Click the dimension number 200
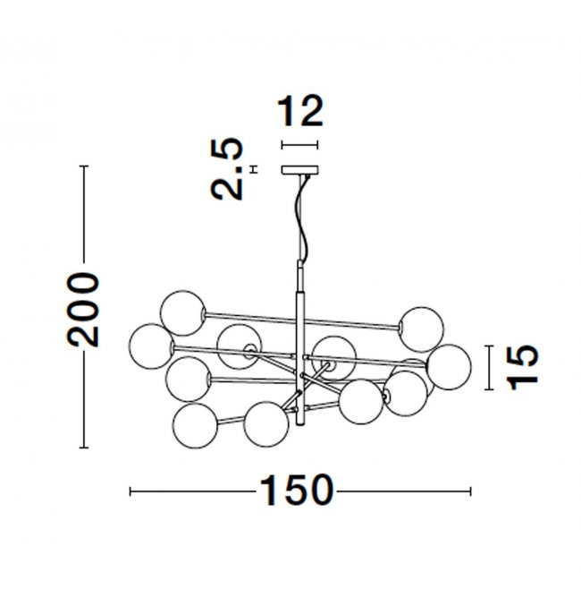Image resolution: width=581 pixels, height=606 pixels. (x=83, y=309)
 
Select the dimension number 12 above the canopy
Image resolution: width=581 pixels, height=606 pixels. (x=300, y=111)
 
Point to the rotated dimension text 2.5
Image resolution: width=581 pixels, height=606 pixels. (x=227, y=168)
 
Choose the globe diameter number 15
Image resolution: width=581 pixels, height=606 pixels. (x=523, y=367)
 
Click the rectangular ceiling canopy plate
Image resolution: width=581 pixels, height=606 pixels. (x=300, y=170)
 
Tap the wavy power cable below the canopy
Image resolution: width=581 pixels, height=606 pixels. (x=302, y=217)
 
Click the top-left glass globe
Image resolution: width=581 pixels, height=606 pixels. (x=183, y=313)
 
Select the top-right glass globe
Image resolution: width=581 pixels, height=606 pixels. (x=421, y=329)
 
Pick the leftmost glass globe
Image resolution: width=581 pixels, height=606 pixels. (x=151, y=346)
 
